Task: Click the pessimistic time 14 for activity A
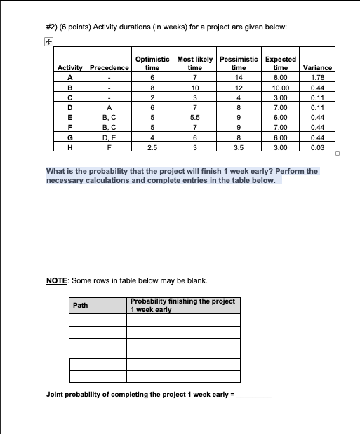pyautogui.click(x=239, y=77)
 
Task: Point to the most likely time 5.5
pyautogui.click(x=194, y=118)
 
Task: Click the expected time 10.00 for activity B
pyautogui.click(x=281, y=88)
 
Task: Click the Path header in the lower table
pyautogui.click(x=81, y=306)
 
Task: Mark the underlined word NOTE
pyautogui.click(x=56, y=280)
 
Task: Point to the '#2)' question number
pyautogui.click(x=53, y=27)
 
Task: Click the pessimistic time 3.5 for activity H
pyautogui.click(x=239, y=148)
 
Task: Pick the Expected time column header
pyautogui.click(x=281, y=64)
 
